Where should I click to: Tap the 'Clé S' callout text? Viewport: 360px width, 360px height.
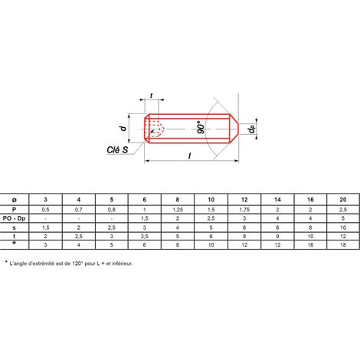coord(117,149)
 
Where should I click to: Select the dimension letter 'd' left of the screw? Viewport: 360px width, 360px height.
coord(123,128)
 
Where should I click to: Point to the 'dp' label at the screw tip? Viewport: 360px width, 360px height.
coord(252,129)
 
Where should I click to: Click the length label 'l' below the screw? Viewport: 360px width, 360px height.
coord(189,155)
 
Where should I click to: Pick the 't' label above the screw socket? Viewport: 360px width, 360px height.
coord(152,96)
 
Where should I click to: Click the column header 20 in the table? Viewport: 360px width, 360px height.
coord(343,199)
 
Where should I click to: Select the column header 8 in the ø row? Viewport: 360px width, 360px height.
coord(178,199)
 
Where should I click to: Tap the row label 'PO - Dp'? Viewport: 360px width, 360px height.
coord(15,218)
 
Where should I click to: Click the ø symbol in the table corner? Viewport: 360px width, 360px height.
coord(15,200)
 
